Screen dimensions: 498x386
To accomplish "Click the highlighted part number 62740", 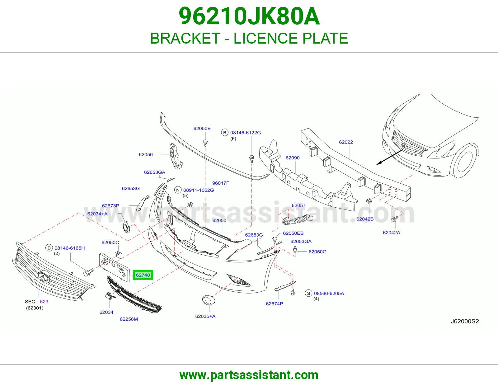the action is coord(143,275).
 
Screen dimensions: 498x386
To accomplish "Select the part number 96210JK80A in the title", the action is coord(249,16).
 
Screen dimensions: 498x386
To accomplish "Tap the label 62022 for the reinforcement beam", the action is coord(346,142).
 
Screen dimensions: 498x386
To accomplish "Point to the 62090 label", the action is coord(293,158).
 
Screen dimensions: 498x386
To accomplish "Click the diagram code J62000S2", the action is coord(465,321).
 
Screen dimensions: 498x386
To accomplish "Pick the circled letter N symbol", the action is coord(178,190).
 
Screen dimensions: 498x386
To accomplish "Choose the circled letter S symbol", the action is coord(308,294).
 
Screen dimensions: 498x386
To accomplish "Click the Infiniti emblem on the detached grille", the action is coord(44,277).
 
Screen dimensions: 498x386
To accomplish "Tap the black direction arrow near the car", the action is coord(389,158).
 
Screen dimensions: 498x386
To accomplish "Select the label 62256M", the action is coord(129,319).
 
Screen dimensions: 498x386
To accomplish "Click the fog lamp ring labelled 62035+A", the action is coord(209,300).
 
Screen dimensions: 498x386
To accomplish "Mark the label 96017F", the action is coord(220,183).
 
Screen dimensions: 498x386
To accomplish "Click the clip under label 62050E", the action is coord(205,143).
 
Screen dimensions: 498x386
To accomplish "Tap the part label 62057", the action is coord(298,205).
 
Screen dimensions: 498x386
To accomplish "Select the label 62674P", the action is coord(274,304).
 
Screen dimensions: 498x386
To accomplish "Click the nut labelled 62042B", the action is coord(369,201).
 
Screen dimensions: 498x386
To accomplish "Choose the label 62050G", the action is coord(317,252).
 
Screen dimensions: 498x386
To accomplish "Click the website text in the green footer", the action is coord(249,375).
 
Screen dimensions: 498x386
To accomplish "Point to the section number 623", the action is coord(44,302).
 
